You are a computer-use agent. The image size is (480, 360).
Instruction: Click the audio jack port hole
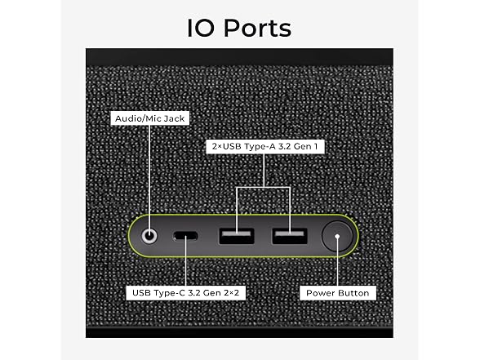click(149, 237)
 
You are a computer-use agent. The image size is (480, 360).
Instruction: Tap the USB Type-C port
click(185, 236)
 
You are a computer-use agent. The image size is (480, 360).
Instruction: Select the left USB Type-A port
click(237, 236)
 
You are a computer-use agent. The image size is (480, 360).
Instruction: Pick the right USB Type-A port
click(290, 236)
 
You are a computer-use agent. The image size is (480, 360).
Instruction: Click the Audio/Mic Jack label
click(149, 118)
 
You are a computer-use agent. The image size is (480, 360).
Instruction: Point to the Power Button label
click(338, 293)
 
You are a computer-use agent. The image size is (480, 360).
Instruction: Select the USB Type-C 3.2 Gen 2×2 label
click(185, 292)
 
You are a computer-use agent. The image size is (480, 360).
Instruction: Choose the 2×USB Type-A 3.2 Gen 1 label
click(264, 146)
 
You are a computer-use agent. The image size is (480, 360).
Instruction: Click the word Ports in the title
click(258, 28)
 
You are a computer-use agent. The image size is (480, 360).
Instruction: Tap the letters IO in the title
click(201, 28)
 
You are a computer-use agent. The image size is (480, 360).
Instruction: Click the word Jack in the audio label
click(175, 118)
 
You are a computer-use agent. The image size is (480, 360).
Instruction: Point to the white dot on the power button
click(337, 237)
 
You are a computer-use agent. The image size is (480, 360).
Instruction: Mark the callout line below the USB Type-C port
click(185, 263)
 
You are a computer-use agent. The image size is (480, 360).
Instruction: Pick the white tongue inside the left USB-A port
click(237, 233)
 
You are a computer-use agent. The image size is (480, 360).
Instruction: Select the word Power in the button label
click(320, 293)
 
